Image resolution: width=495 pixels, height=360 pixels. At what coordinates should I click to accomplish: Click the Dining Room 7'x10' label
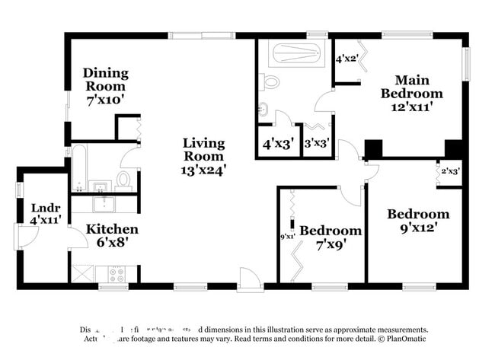106,85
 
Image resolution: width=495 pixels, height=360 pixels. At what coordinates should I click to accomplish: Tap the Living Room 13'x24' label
203,157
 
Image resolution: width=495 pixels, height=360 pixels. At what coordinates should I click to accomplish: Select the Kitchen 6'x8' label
111,235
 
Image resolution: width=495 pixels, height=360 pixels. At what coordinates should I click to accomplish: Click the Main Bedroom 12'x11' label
411,93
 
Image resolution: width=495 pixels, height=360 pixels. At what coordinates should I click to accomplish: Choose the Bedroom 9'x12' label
417,220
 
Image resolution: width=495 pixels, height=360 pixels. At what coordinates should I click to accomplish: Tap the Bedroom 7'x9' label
330,237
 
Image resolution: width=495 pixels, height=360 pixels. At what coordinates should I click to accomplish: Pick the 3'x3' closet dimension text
316,142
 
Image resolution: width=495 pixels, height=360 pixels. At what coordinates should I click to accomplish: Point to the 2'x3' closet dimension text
450,172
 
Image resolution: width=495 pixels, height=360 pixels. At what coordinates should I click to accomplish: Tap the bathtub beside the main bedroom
296,53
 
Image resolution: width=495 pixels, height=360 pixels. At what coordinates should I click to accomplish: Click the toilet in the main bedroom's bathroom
270,81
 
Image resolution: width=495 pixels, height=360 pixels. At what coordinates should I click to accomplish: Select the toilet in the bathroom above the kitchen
123,180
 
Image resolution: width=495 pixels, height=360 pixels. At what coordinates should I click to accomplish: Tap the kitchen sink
103,203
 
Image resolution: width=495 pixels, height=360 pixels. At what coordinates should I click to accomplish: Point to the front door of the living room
249,281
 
